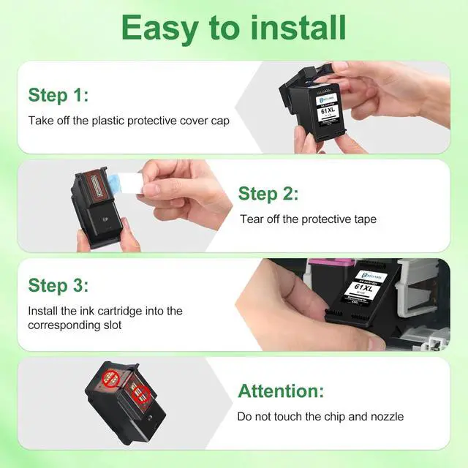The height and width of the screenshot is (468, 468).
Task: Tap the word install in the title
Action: click(296, 27)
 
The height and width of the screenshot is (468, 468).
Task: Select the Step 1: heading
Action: click(58, 96)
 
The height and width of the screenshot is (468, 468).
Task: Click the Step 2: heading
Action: click(268, 194)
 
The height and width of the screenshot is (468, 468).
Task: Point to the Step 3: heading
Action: click(58, 285)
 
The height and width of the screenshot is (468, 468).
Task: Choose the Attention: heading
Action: click(281, 390)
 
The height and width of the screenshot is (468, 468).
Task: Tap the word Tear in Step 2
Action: click(252, 219)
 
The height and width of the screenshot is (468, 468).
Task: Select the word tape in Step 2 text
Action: click(363, 219)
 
